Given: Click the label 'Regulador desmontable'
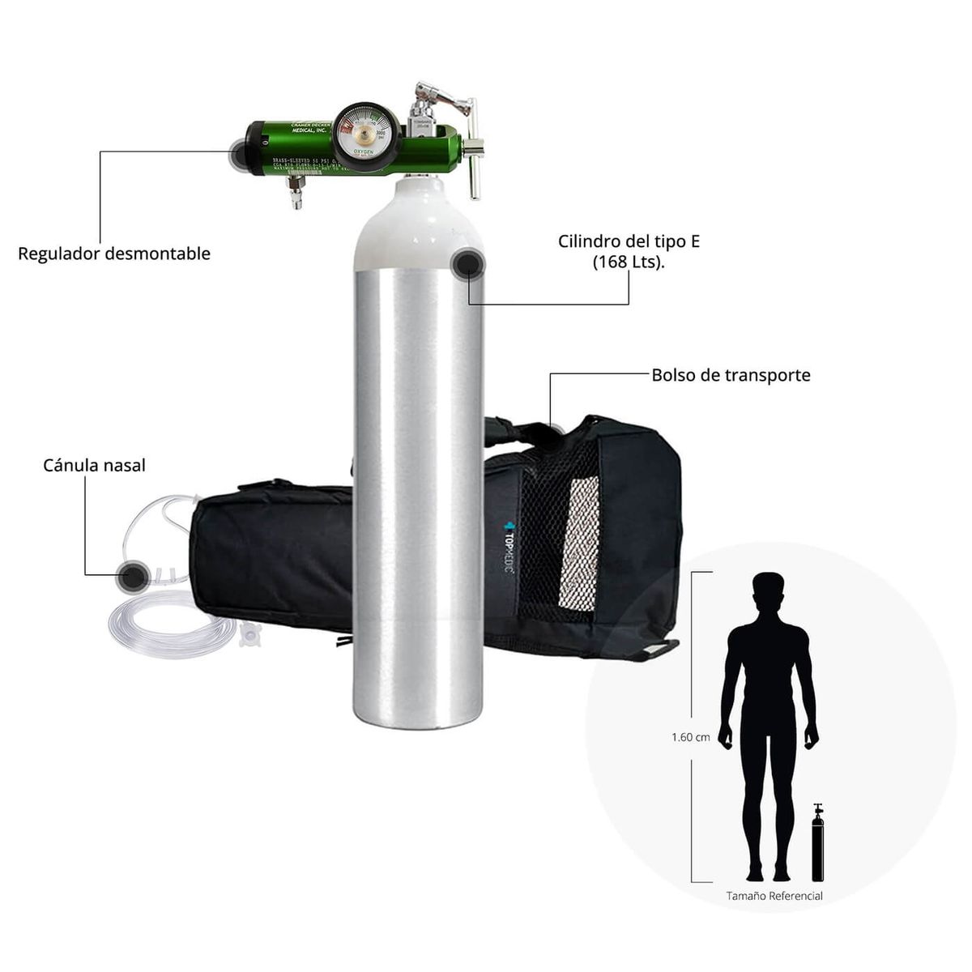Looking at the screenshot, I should (x=114, y=254).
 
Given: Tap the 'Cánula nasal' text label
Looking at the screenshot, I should (x=94, y=466).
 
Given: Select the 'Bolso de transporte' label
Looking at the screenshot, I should (x=731, y=375).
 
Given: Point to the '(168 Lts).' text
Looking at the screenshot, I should (x=629, y=262).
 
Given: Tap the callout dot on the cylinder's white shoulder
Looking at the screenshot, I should (x=467, y=265).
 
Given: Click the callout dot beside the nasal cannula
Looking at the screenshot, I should (x=132, y=576).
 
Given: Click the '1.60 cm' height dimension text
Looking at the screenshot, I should (x=690, y=737).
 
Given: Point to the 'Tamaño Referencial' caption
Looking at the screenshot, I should (x=774, y=896).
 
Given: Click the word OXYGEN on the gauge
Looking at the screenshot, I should (x=363, y=150).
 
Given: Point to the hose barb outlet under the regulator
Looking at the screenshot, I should (x=296, y=194).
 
